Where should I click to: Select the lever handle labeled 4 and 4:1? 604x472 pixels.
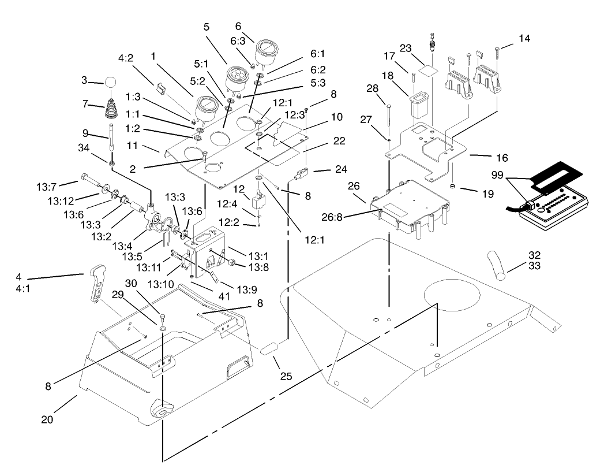tap(98, 283)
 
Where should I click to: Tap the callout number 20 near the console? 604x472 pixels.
tap(47, 419)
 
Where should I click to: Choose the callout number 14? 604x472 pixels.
tap(524, 38)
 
